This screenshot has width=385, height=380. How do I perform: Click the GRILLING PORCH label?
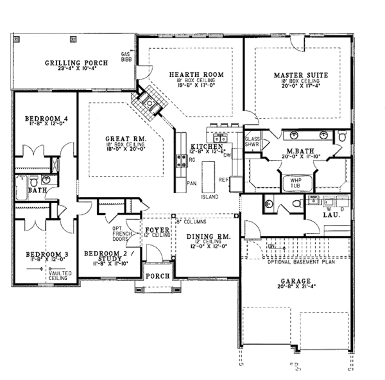[76, 62]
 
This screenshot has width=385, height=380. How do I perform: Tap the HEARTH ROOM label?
[196, 75]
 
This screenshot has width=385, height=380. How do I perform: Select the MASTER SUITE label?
[300, 75]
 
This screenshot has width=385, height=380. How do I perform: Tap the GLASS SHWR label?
[252, 141]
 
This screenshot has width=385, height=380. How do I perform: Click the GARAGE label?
[296, 281]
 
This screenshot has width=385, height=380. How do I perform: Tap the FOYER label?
[155, 229]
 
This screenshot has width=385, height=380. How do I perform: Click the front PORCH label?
[157, 276]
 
